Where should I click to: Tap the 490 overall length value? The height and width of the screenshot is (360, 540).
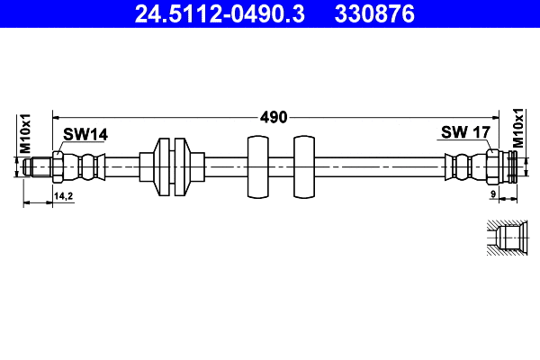point(274,117)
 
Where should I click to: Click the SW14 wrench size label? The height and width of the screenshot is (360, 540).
point(85,134)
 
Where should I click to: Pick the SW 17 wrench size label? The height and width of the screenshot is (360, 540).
point(464,133)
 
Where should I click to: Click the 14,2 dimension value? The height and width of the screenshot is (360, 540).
point(64,194)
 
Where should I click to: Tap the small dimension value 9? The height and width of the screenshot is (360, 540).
point(494,194)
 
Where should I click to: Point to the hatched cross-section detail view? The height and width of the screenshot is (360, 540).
point(505,238)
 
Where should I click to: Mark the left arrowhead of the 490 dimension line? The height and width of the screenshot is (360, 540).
point(57,116)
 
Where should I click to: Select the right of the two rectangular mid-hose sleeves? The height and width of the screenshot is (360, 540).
point(305,167)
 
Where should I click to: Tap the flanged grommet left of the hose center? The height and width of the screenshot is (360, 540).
point(170,167)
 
